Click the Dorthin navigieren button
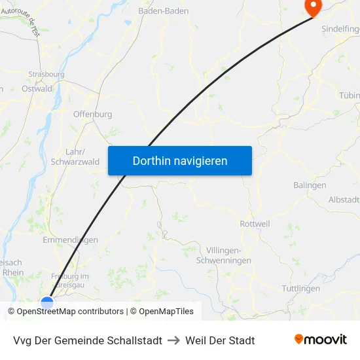pos(180,160)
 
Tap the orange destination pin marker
pos(313,7)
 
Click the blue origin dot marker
pos(47,302)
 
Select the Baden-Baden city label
pos(164,11)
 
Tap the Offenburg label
pos(92,114)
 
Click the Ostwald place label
pos(37,88)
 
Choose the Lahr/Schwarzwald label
pos(75,156)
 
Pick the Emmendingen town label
pos(70,240)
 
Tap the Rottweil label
pos(255,224)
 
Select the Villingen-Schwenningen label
pos(224,256)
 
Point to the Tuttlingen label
pos(300,288)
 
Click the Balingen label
pos(310,185)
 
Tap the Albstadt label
pos(344,199)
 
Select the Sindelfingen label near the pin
pos(340,29)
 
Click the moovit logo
pos(320,340)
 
